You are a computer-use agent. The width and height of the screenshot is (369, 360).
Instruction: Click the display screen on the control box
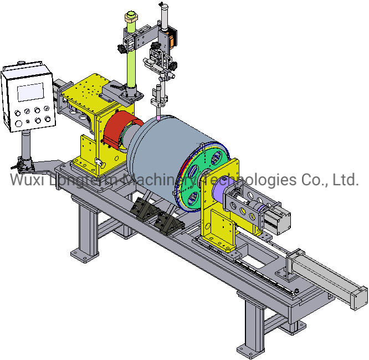30,92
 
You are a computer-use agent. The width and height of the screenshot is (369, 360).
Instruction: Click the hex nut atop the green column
131,17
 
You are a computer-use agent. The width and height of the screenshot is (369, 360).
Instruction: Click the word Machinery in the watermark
160,180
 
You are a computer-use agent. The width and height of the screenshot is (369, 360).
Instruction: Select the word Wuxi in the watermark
27,180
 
